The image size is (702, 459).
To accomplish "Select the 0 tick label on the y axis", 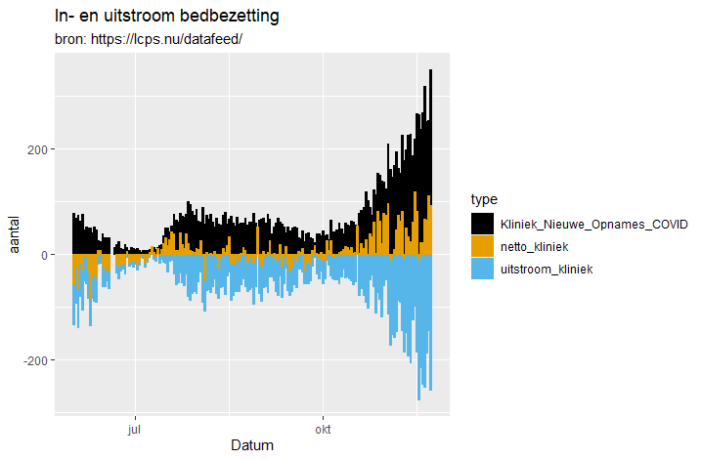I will click(42, 255).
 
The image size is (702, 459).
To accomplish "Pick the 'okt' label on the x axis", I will click(323, 428).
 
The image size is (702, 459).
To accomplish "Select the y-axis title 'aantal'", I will click(15, 234).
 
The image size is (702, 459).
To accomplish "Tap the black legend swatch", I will click(483, 224).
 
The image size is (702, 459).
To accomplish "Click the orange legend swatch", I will click(483, 246).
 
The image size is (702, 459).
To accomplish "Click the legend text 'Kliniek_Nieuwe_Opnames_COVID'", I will click(593, 224).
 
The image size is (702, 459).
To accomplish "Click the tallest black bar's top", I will click(430, 71).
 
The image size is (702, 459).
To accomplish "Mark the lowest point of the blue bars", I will click(419, 398).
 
